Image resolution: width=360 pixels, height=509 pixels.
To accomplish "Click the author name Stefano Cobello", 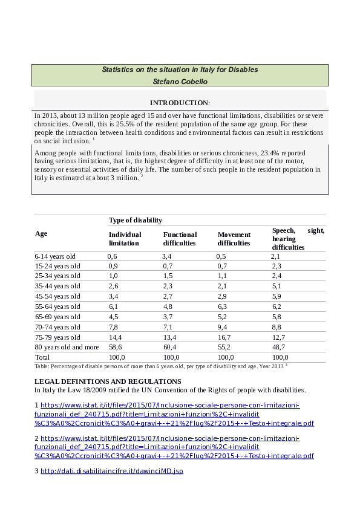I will click(180, 81).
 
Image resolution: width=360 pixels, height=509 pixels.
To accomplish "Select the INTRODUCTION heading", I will click(180, 103).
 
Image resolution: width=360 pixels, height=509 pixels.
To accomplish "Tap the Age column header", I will click(41, 233).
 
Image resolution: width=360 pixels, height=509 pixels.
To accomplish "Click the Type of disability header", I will click(135, 221).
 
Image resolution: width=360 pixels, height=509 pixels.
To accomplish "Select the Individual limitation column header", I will click(125, 238).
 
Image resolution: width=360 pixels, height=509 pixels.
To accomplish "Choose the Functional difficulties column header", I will click(180, 238).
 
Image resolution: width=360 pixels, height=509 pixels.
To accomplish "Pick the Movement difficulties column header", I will click(234, 238).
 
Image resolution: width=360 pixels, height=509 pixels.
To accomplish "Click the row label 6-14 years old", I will click(55, 256).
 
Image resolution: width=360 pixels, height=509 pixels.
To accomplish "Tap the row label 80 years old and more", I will click(67, 347).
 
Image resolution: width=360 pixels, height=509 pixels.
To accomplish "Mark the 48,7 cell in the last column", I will click(278, 347).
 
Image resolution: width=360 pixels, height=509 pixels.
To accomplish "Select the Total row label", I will click(43, 357).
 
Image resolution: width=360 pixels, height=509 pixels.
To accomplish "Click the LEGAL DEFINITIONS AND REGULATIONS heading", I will click(108, 381).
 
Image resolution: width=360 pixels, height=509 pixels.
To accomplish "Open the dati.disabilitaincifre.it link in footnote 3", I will click(111, 470).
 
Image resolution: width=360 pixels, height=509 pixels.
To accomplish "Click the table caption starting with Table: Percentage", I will click(160, 366).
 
